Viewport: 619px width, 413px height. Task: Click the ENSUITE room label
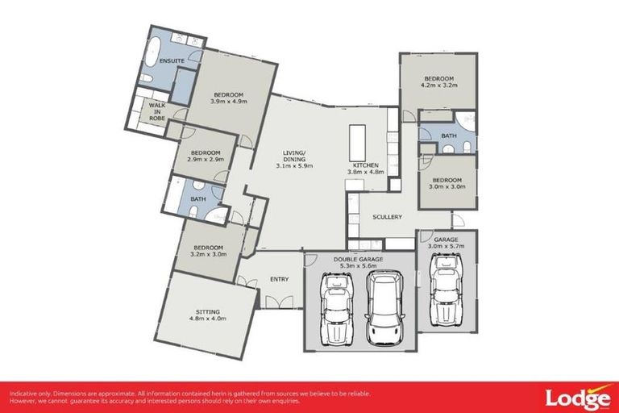point(172,60)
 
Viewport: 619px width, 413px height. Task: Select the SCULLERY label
point(387,217)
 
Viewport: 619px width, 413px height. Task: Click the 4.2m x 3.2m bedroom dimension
point(438,84)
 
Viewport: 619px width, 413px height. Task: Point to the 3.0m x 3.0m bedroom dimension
point(447,186)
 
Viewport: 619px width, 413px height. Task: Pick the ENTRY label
point(279,279)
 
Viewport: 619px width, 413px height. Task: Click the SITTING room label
point(208,311)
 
